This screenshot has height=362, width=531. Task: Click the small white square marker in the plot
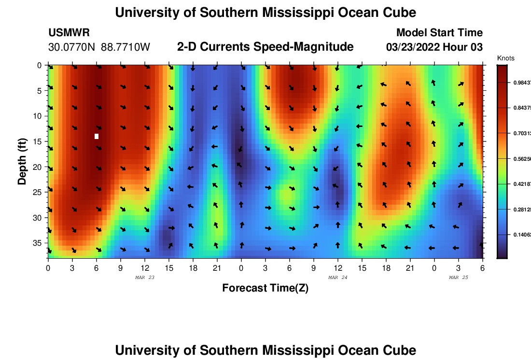pos(97,136)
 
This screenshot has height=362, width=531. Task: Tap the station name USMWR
pos(69,33)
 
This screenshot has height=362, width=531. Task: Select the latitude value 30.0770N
pos(72,47)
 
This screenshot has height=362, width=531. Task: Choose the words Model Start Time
pos(439,33)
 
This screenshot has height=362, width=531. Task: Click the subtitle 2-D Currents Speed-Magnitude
pos(265,47)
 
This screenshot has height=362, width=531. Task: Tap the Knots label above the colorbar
pos(505,58)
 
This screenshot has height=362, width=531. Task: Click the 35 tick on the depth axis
pos(38,242)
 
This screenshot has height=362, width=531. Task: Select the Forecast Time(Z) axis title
pos(265,288)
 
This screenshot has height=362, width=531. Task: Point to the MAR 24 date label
pos(337,278)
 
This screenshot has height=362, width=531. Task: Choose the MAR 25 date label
pos(458,278)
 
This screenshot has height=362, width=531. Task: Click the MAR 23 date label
pos(144,278)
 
